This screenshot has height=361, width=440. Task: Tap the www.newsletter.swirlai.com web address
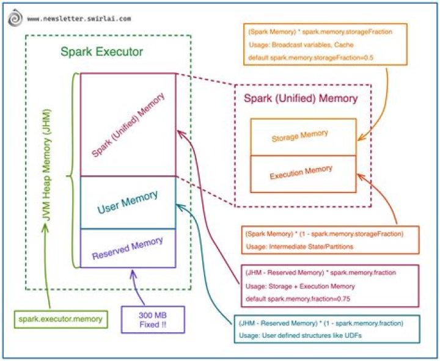click(79, 18)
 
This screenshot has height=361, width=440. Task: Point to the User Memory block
click(127, 202)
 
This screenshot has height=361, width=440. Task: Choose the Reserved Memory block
click(127, 248)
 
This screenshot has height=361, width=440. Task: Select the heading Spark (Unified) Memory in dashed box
click(301, 98)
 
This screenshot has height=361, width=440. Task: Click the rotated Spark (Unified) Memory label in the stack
click(128, 125)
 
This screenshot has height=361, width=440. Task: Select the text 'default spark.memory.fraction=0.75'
click(298, 298)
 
